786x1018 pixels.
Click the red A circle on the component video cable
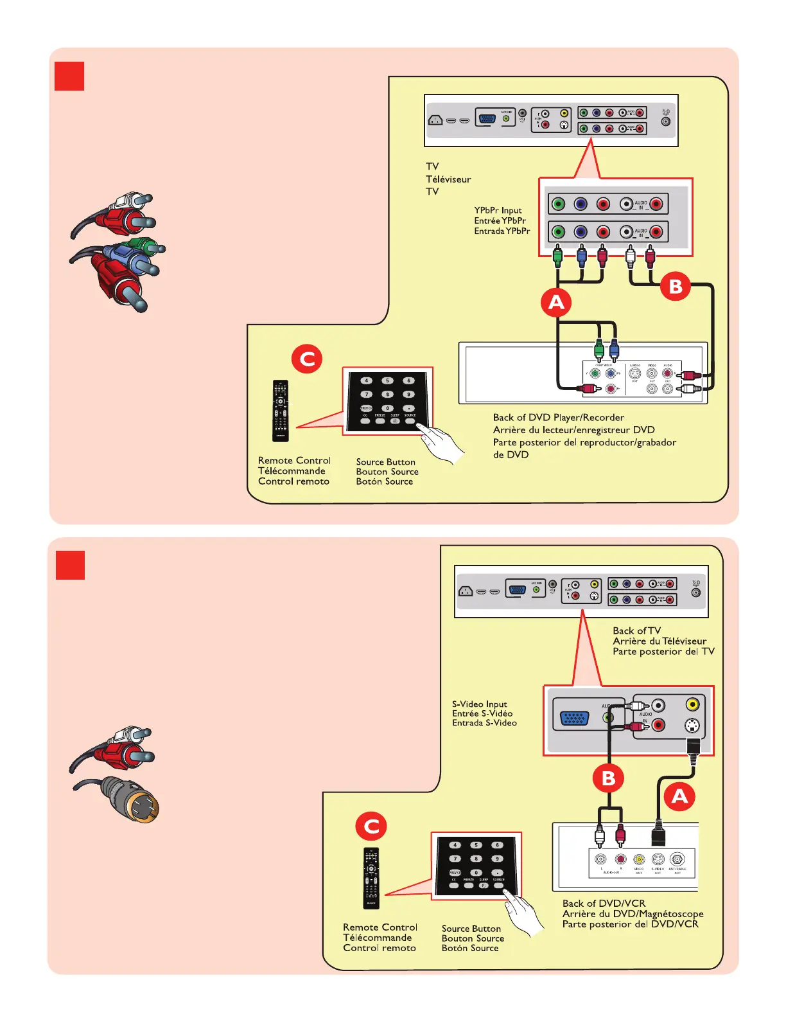coord(556,302)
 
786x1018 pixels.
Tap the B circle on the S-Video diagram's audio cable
coord(608,778)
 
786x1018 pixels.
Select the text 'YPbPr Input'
coord(498,210)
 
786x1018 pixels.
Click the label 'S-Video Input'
coord(479,704)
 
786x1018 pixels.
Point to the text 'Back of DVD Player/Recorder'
coord(558,418)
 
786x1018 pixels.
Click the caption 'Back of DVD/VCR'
coord(604,903)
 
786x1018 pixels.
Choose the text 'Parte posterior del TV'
coord(663,651)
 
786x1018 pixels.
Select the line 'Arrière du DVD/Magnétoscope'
coord(633,913)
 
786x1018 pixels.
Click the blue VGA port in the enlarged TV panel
coord(575,718)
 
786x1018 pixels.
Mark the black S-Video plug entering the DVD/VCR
coord(658,834)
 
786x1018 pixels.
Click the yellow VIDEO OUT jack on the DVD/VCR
coord(639,859)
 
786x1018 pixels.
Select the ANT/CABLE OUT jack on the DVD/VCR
coord(677,859)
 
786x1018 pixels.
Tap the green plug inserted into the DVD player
coord(599,350)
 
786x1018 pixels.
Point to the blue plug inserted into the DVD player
coord(614,350)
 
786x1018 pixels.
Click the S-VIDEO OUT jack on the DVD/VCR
coord(658,859)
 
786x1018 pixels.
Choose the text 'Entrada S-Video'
coord(484,723)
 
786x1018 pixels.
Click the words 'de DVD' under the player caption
coord(511,454)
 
